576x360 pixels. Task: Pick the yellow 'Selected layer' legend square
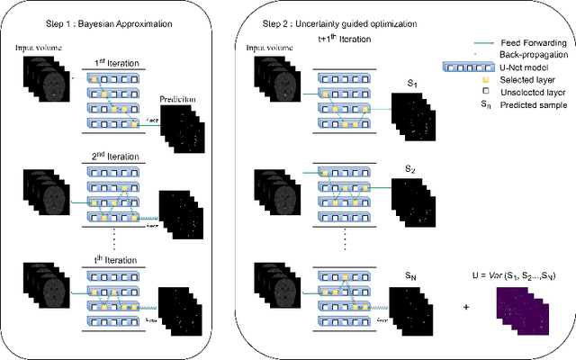click(x=487, y=79)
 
